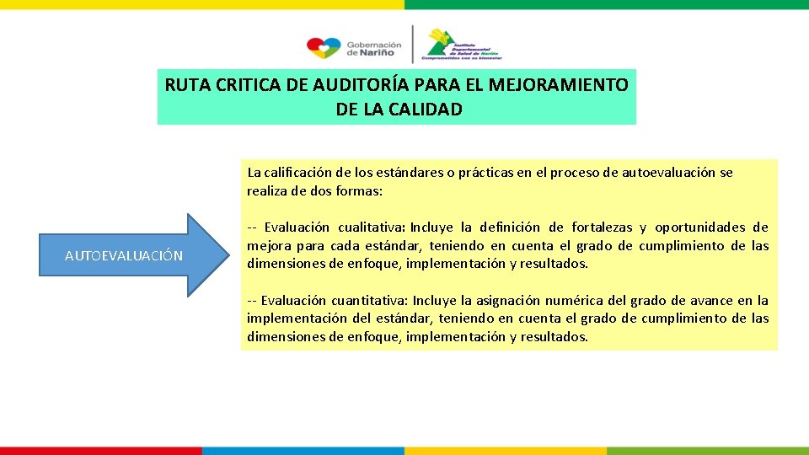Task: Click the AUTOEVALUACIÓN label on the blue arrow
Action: coord(124,255)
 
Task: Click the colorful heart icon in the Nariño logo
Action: coord(324,47)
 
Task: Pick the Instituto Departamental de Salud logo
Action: coord(462,45)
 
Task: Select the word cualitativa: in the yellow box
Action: coord(372,227)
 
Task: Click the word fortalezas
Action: coord(602,227)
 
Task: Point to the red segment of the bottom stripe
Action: coord(101,451)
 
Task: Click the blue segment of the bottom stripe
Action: coord(303,451)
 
